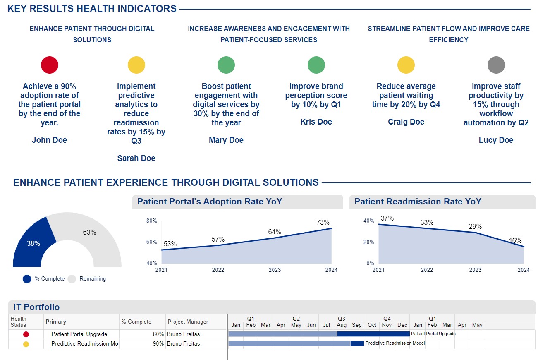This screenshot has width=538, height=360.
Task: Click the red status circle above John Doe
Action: coord(50,65)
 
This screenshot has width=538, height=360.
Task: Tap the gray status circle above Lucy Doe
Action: coord(496,65)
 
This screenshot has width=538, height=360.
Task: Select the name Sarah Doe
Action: coord(136,158)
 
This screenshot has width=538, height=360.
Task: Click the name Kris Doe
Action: coord(316,122)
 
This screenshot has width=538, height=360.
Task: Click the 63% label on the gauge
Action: coord(89,233)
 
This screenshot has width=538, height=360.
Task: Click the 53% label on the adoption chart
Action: coord(170,244)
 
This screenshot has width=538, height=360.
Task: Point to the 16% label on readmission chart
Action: coord(515,241)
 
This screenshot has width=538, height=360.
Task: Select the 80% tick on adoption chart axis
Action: coord(152,221)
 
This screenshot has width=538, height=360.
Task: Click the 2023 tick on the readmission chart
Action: coord(475,270)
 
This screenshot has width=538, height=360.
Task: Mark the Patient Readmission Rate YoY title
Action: coord(418,202)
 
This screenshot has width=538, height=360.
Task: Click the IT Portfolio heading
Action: coord(36,307)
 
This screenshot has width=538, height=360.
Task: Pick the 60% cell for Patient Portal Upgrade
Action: coord(158,334)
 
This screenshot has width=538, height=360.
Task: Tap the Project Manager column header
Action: coord(187,322)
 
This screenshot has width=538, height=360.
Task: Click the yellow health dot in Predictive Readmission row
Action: coord(26,344)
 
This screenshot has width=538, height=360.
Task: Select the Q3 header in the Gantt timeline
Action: coord(342,319)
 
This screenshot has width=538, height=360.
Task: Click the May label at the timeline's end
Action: coord(477,325)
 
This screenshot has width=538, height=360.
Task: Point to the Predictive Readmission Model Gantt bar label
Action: coord(395,343)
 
